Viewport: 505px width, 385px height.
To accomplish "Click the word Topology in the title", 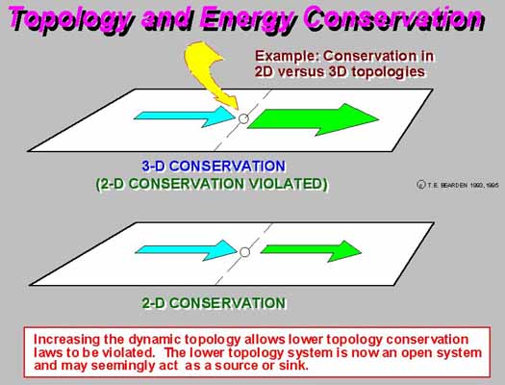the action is pos(70,19).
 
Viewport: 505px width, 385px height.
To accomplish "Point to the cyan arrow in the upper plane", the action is pos(185,116).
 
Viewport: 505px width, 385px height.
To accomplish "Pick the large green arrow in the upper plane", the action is pos(313,119).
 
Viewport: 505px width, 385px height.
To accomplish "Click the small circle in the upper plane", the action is pos(243,119).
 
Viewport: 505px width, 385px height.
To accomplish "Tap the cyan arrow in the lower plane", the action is pos(187,250).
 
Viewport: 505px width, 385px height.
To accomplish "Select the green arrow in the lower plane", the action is pos(311,250).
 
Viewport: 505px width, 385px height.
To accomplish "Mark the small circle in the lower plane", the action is pos(244,252).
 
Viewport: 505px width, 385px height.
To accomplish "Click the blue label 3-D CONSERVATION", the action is pos(214,167).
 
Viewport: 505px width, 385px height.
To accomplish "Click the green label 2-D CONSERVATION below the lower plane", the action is pos(214,303).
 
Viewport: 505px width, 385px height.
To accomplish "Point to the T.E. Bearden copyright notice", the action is pos(457,185).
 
